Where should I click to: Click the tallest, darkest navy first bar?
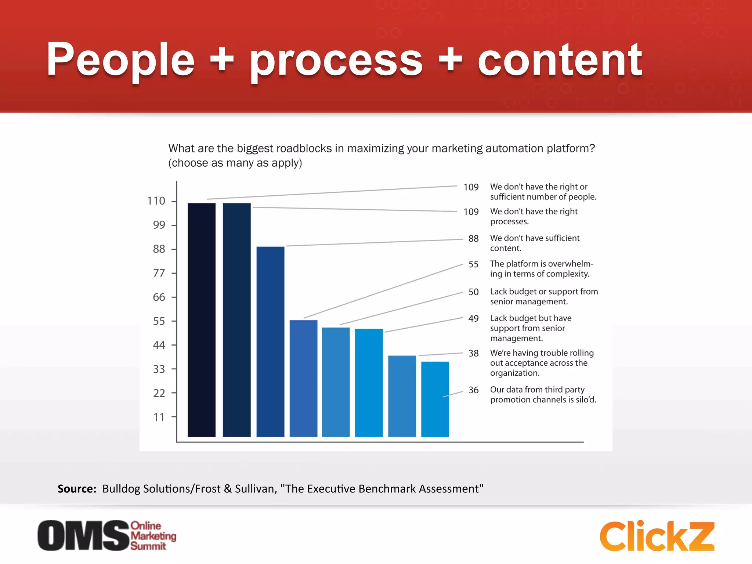click(x=202, y=319)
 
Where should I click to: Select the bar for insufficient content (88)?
click(x=270, y=341)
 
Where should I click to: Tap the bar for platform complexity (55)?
click(x=303, y=378)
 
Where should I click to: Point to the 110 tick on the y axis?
click(x=156, y=201)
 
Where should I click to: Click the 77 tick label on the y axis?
click(x=159, y=273)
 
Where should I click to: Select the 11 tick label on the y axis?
click(x=159, y=417)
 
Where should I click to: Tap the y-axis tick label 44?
click(x=159, y=345)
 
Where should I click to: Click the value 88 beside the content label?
click(x=473, y=239)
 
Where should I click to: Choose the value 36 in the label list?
click(x=473, y=390)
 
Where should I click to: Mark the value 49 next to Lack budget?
click(x=473, y=318)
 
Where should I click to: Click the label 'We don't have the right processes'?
click(x=534, y=216)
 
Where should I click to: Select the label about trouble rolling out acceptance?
click(x=542, y=363)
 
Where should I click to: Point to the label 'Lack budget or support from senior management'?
click(x=544, y=296)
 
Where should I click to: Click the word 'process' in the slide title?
click(x=336, y=61)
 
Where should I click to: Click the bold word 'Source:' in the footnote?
click(x=77, y=489)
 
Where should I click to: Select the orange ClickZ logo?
click(x=657, y=536)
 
